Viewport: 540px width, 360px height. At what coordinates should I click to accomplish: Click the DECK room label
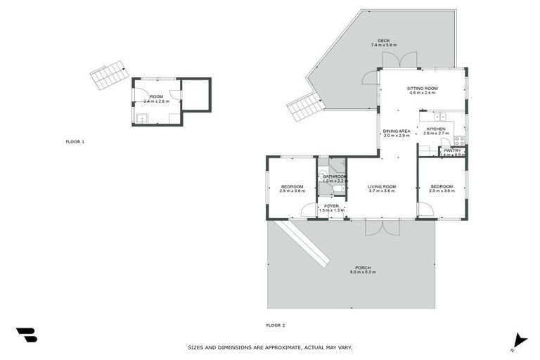[x=383, y=41]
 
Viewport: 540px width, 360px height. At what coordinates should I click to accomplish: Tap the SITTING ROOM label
[x=422, y=88]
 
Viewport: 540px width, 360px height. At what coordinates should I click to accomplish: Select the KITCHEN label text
[x=435, y=129]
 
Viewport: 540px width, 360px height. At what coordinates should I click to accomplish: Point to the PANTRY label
[x=452, y=150]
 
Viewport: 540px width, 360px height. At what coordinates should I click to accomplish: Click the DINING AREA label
[x=397, y=131]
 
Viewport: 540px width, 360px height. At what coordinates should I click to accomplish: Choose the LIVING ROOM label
[x=382, y=186]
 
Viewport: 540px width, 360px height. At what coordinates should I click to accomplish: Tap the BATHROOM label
[x=335, y=176]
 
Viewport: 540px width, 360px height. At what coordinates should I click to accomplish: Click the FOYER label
[x=331, y=206]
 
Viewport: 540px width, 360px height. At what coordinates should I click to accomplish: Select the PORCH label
[x=363, y=267]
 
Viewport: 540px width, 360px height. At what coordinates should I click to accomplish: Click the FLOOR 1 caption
[x=75, y=142]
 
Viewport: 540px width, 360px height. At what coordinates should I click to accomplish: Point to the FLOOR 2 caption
[x=275, y=325]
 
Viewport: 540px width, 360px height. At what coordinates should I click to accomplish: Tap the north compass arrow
[x=519, y=340]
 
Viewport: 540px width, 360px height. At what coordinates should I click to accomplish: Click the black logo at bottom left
[x=26, y=335]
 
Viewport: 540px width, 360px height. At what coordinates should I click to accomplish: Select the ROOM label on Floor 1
[x=156, y=96]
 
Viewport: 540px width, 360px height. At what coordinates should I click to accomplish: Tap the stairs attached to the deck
[x=305, y=108]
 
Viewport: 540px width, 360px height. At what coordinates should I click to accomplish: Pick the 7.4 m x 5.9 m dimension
[x=383, y=46]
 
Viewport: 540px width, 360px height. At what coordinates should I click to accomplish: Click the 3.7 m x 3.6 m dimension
[x=382, y=191]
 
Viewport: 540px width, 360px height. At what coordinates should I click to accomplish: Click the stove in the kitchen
[x=458, y=139]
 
